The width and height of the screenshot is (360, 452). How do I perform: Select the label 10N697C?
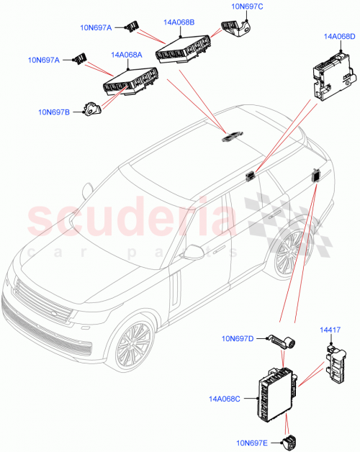[x=247, y=6]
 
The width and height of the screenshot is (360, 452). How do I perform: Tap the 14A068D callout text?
[x=339, y=36]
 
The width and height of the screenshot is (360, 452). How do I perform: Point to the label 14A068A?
[x=127, y=55]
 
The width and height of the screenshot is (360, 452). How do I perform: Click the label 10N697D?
[x=238, y=338]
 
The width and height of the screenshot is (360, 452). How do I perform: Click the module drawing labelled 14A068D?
[x=333, y=75]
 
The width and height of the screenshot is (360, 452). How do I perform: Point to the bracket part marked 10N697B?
[x=92, y=109]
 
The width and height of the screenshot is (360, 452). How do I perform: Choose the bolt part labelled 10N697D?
[x=284, y=341]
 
